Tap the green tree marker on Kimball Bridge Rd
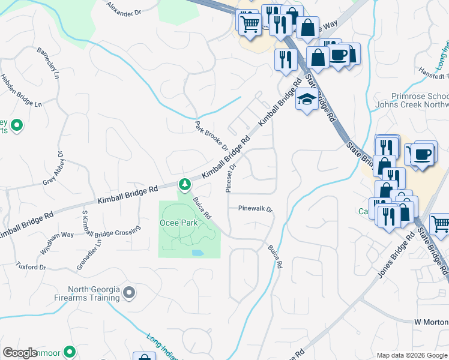[x=185, y=185]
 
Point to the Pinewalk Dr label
[x=255, y=209]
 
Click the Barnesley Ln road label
[x=49, y=62]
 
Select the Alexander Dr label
[x=124, y=8]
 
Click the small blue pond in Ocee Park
[x=197, y=253]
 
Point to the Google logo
[x=20, y=353]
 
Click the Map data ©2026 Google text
[x=411, y=355]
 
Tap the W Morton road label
[x=431, y=322]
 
